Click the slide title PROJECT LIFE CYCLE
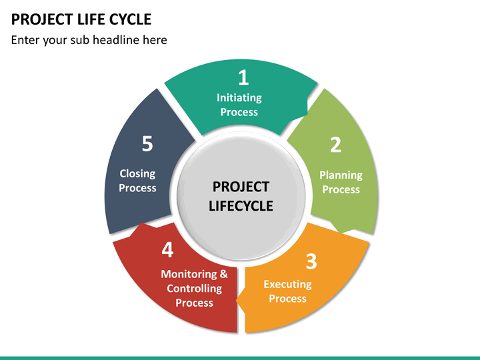(81, 19)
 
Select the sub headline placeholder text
(89, 40)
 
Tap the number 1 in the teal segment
(243, 78)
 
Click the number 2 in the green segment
(336, 145)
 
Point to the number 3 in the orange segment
(311, 262)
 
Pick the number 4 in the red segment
(167, 250)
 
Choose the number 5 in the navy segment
(147, 143)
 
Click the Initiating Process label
(239, 105)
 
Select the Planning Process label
(341, 182)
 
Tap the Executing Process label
(287, 291)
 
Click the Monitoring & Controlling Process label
(194, 288)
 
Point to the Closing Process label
(137, 181)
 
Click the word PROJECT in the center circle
(241, 187)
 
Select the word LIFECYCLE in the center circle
(241, 206)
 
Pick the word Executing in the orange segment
(287, 284)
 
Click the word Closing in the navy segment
(137, 173)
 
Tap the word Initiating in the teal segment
(239, 97)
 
